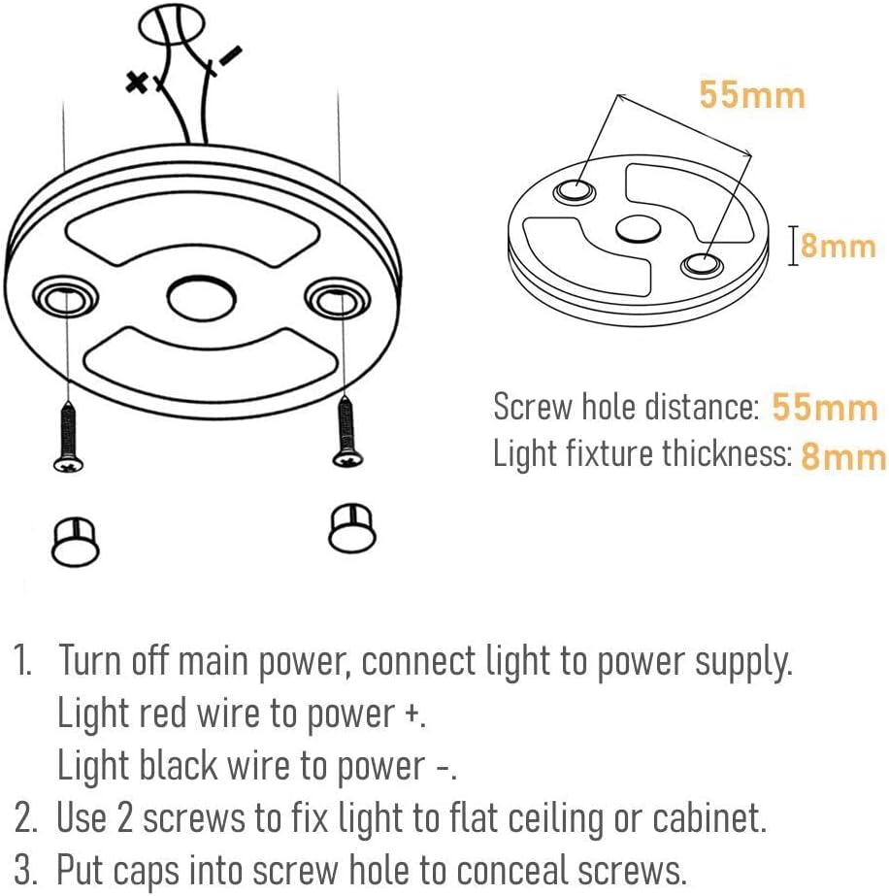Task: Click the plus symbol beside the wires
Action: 137,83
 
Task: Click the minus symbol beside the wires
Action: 231,56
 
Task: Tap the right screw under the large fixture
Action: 346,432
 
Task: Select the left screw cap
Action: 76,542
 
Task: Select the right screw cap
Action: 352,528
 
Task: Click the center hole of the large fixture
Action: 201,298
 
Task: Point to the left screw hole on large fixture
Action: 65,298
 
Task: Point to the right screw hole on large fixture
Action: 337,298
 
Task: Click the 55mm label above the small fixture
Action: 752,95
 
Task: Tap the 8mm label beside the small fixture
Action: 838,247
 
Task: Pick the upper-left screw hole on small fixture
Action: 575,189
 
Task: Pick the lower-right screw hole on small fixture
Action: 702,265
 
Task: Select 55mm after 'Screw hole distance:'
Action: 824,407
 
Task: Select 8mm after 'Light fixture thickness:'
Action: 843,456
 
